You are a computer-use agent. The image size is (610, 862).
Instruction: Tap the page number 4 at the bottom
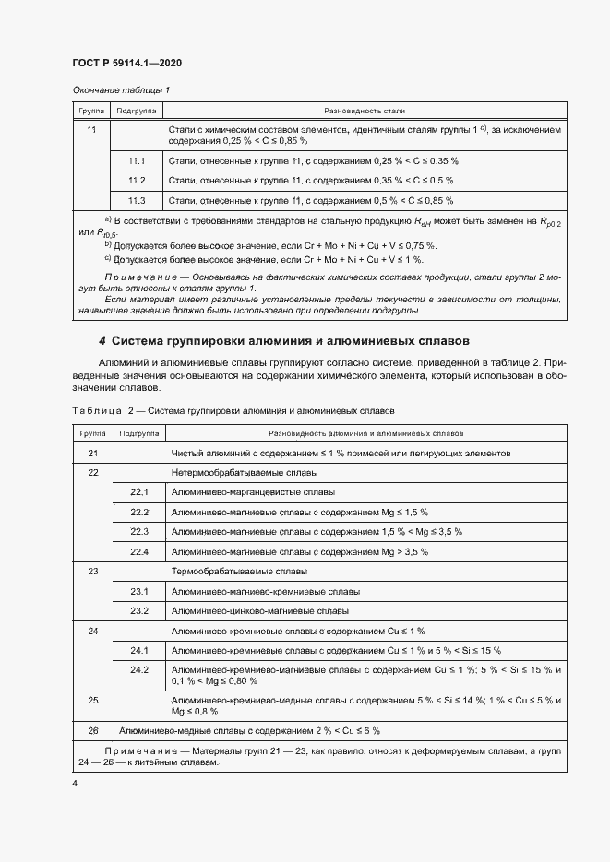point(75,783)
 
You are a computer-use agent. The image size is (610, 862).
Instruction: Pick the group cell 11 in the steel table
point(91,131)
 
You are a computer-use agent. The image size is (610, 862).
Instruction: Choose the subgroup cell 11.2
point(138,181)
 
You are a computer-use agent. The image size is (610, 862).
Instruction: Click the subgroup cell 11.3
point(138,200)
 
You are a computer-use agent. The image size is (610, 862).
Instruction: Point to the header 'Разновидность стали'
point(365,110)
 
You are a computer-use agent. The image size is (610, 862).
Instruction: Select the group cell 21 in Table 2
point(92,454)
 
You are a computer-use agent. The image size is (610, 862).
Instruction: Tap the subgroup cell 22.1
point(139,492)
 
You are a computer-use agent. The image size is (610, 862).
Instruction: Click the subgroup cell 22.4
point(139,551)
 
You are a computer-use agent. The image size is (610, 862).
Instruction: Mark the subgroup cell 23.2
point(139,610)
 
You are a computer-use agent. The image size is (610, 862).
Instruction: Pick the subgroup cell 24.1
point(139,650)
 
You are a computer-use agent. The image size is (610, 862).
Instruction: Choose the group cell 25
point(92,701)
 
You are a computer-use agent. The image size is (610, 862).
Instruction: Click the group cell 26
point(92,730)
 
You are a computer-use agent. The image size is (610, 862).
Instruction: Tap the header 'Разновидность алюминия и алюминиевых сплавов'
point(365,432)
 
